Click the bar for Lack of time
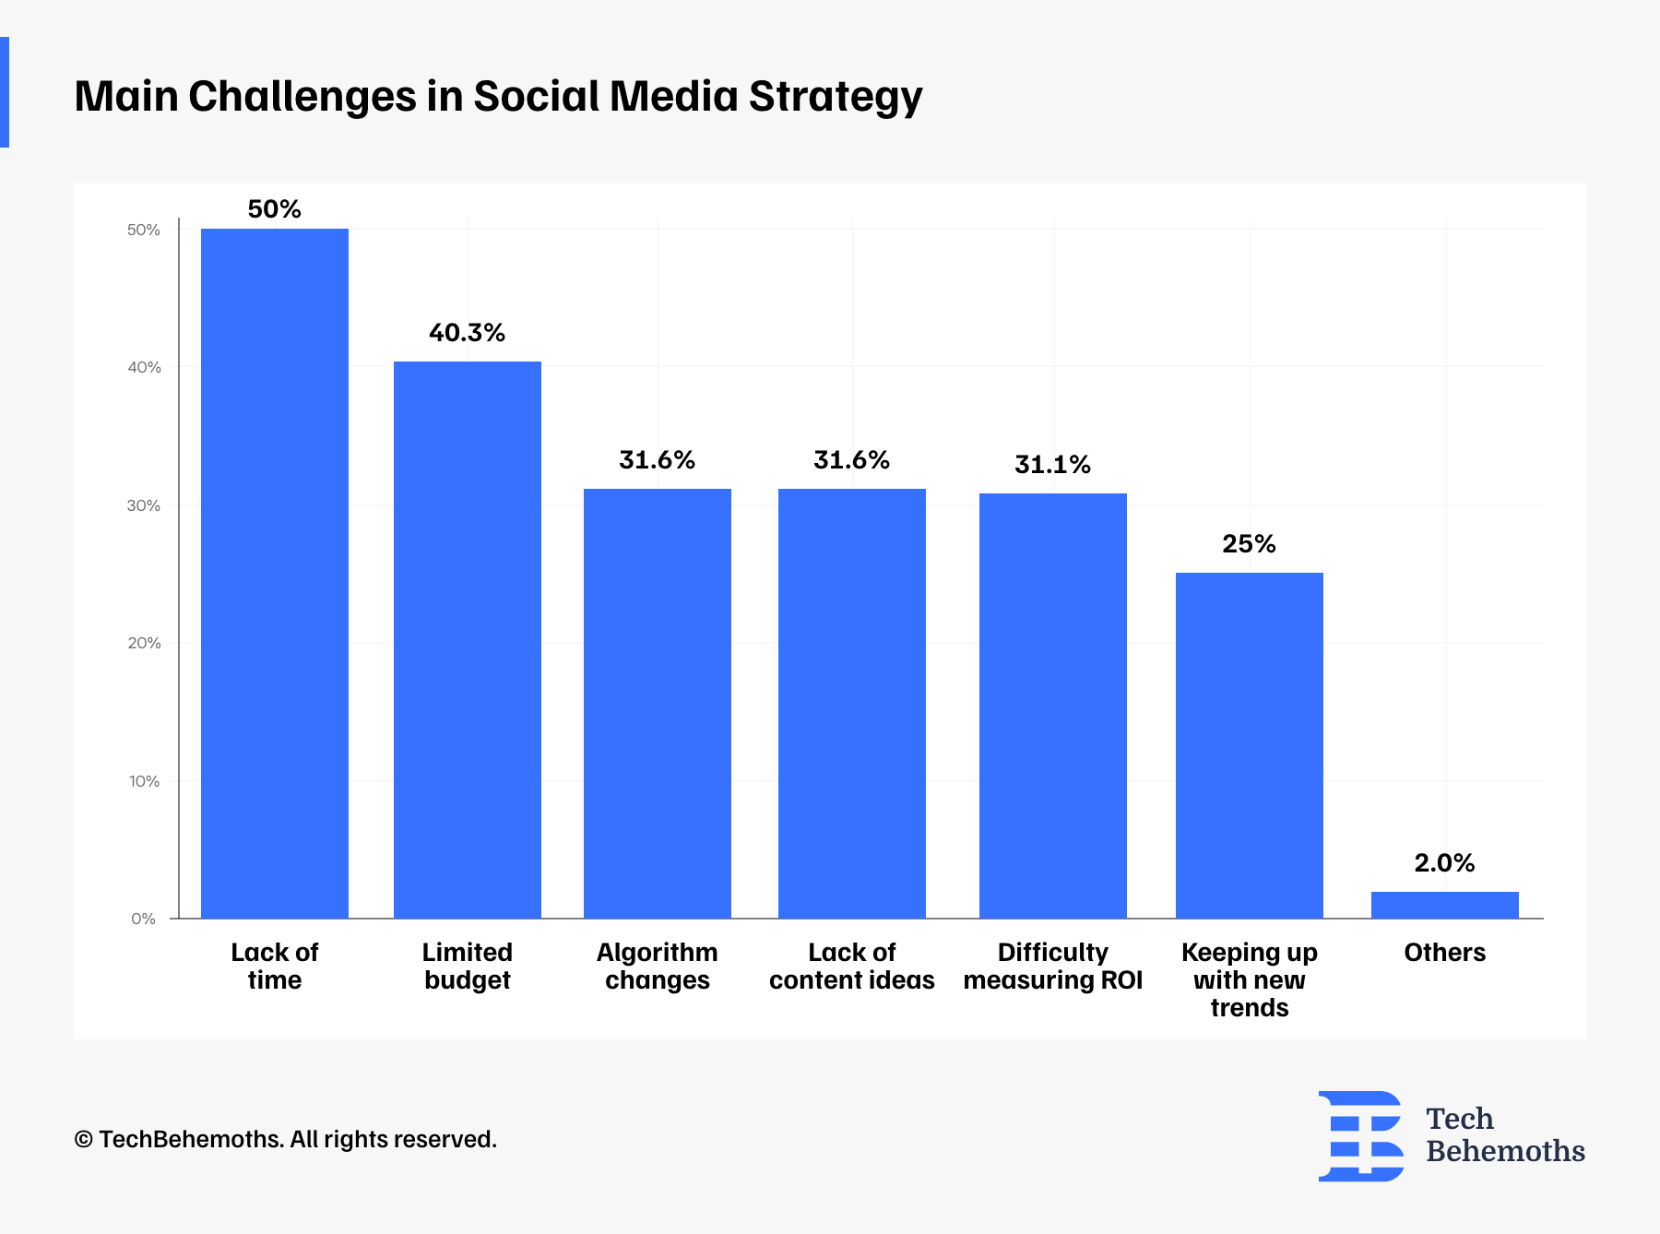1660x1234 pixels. (x=275, y=573)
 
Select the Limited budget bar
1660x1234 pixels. (x=468, y=639)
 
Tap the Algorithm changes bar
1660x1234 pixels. (x=658, y=703)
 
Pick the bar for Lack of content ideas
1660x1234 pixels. (x=852, y=703)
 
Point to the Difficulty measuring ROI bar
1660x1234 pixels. (x=1053, y=706)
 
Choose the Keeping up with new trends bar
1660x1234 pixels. (x=1250, y=745)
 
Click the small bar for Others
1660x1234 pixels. (x=1445, y=905)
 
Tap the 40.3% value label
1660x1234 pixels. (x=468, y=333)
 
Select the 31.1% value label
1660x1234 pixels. (x=1053, y=465)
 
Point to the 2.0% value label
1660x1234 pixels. (x=1445, y=863)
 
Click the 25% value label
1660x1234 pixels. (x=1250, y=544)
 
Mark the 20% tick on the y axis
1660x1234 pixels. (x=145, y=643)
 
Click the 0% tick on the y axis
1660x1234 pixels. (x=144, y=919)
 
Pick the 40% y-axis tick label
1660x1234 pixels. (x=145, y=367)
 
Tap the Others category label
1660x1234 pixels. (x=1445, y=953)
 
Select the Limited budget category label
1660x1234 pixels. (x=468, y=966)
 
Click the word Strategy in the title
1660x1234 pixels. (x=836, y=97)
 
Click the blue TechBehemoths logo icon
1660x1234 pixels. (x=1361, y=1136)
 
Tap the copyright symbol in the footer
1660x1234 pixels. (x=84, y=1140)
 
